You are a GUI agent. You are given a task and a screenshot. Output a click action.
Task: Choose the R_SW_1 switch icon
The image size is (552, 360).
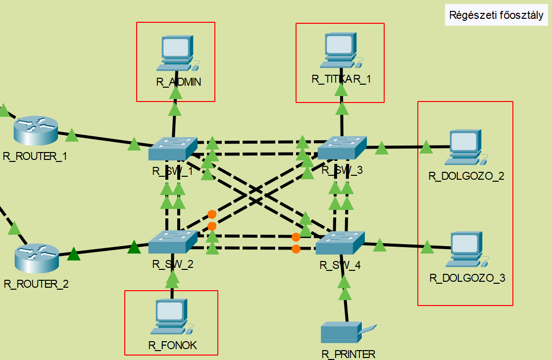[173, 148]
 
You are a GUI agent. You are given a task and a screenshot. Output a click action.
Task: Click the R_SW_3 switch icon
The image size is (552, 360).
[342, 148]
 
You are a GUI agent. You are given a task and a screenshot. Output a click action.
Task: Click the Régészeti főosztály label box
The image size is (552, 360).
[496, 15]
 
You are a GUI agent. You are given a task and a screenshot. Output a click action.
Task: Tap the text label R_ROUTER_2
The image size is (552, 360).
[36, 284]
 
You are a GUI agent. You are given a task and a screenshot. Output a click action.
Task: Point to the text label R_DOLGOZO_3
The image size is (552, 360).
[467, 278]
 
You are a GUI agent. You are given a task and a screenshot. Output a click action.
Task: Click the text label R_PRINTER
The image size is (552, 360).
[349, 354]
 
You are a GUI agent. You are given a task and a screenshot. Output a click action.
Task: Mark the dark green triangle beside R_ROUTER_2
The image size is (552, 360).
[73, 254]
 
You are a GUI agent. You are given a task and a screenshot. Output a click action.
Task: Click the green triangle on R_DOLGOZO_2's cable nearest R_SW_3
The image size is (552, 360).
[381, 148]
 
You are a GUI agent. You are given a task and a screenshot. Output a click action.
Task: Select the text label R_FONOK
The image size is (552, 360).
[172, 346]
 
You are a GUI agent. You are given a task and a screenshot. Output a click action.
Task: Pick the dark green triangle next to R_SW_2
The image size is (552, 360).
[134, 247]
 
